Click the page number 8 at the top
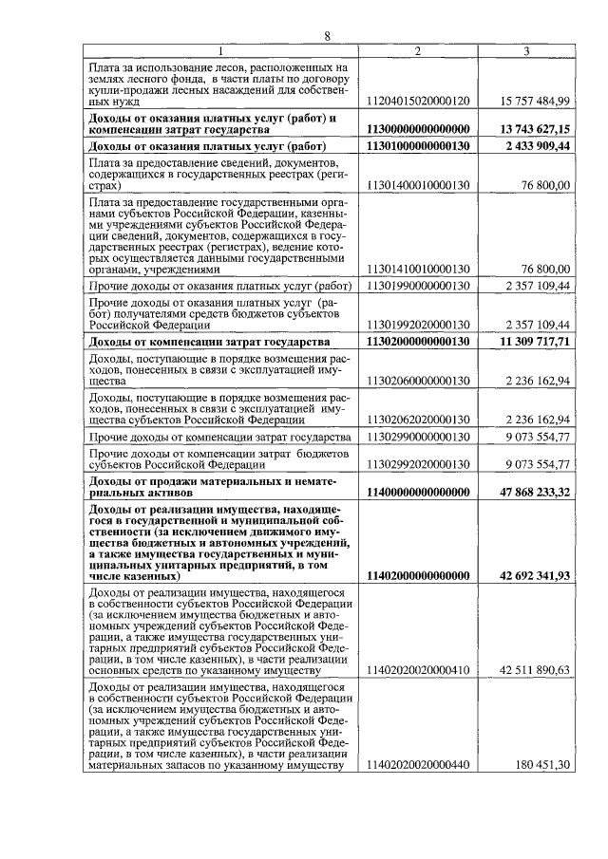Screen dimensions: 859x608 [326, 36]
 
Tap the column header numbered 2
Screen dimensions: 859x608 [418, 50]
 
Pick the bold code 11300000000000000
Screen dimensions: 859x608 [418, 129]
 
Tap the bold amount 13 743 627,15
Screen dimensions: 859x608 [534, 129]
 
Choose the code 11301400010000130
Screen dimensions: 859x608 [418, 187]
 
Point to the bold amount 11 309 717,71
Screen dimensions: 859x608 [534, 341]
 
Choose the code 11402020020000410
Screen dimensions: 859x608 [418, 670]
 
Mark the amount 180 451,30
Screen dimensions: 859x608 [543, 765]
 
